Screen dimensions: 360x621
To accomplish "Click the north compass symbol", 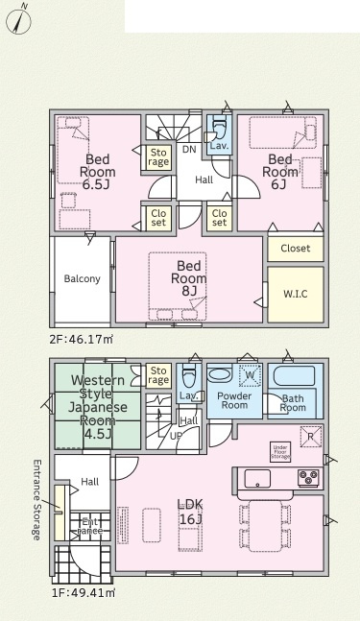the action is coord(18,20).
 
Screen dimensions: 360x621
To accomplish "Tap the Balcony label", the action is coord(82,278).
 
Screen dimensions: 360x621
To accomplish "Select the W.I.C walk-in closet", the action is coord(296,295).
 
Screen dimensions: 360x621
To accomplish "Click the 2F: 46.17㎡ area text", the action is coord(82,340).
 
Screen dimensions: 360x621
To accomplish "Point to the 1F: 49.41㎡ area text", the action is coord(84,593).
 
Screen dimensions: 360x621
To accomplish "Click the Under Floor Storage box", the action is coord(280,452).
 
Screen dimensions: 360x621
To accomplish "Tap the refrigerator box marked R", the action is coord(311,437).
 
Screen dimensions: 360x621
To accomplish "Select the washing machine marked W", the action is coord(250,375).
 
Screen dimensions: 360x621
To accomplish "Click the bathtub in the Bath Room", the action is coord(294,376).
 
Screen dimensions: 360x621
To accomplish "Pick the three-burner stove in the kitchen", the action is coord(308,478).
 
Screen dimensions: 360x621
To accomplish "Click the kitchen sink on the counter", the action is coord(257,478).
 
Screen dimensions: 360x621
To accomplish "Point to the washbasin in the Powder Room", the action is coord(220,375).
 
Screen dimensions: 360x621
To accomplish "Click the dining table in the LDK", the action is coord(265,525).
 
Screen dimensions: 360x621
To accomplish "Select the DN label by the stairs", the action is coord(189,150).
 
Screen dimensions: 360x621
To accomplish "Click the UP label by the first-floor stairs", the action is coord(176,436).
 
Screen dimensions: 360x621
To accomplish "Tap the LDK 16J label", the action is coord(191,512).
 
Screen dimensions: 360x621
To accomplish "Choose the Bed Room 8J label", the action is coord(188,278).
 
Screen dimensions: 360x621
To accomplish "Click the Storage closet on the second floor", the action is coord(158,157).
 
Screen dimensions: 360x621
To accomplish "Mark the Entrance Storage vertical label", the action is coord(36,500).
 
